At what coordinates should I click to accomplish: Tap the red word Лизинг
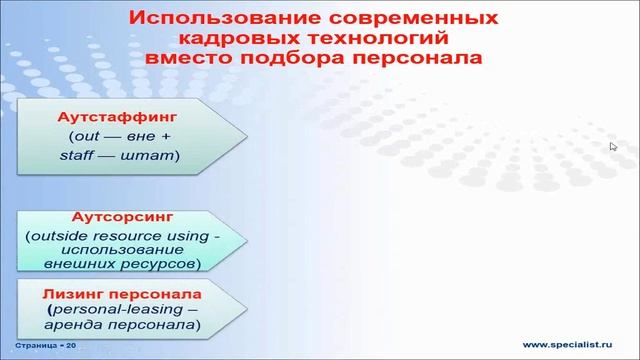pos(75,295)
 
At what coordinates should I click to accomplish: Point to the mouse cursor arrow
pos(612,145)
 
